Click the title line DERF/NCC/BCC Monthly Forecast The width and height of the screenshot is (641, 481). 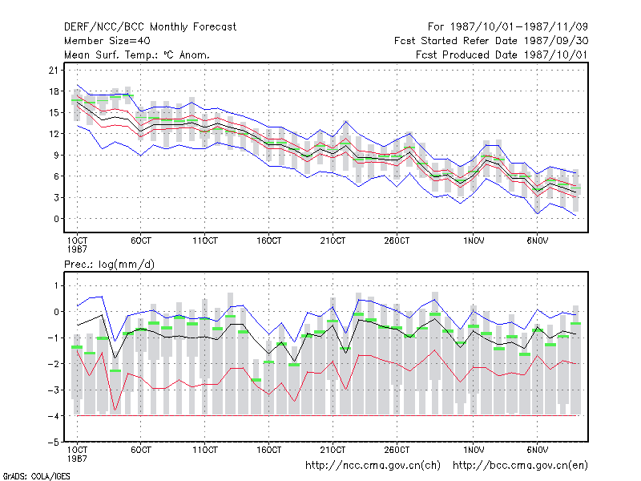coord(150,27)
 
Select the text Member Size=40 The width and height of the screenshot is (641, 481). coord(107,41)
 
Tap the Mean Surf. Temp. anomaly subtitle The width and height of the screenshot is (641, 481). coord(137,55)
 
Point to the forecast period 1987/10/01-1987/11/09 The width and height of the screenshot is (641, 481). coord(508,27)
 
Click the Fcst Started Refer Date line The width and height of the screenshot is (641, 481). coord(491,41)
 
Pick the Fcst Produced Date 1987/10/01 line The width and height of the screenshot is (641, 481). coord(502,55)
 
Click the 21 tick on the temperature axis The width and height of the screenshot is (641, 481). coord(54,71)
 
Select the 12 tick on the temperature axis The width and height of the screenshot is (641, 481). coord(54,134)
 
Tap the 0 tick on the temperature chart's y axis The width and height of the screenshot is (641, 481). coord(56,219)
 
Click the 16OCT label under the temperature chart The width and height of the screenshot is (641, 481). coord(268,241)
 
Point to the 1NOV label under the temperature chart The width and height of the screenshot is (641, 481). coord(474,241)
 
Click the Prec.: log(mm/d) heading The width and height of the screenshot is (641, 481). coord(109,265)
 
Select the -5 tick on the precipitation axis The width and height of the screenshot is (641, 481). coord(54,443)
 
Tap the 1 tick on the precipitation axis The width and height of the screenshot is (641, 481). coord(56,285)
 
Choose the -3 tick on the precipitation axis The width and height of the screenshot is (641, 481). coord(54,390)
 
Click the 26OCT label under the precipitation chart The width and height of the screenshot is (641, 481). coord(397,450)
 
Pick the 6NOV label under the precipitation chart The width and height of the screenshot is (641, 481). coord(537,450)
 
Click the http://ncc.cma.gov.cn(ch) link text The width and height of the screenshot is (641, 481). coord(373,466)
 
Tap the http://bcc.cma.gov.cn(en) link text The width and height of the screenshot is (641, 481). coord(520,466)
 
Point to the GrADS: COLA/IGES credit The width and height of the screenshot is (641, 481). coord(36,476)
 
